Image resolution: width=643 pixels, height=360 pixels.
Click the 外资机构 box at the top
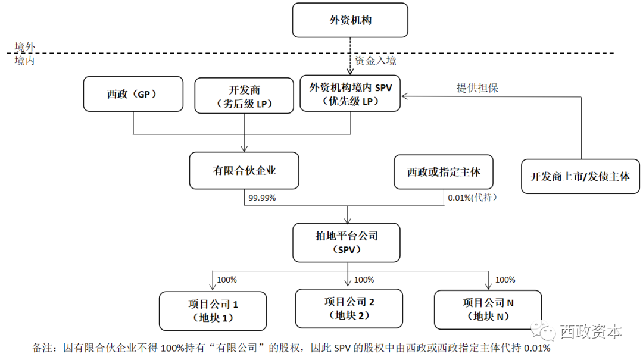(x=350, y=20)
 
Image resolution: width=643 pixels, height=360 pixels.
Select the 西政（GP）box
(x=133, y=94)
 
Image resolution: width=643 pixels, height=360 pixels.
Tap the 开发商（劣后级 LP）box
(x=244, y=96)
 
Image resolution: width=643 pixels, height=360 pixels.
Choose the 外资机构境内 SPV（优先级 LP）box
(x=350, y=93)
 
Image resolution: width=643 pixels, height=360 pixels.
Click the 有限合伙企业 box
(x=244, y=171)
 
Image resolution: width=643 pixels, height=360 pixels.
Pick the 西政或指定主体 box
(x=443, y=172)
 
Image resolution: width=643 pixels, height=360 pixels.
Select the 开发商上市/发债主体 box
(x=580, y=176)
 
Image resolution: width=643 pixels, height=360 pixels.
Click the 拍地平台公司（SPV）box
(x=347, y=243)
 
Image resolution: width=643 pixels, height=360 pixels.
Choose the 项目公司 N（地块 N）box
(x=488, y=309)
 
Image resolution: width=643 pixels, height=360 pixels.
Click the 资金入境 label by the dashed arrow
(x=375, y=61)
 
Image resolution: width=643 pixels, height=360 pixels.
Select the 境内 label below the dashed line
(x=24, y=61)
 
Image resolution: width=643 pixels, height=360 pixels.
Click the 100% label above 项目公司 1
(x=226, y=280)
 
